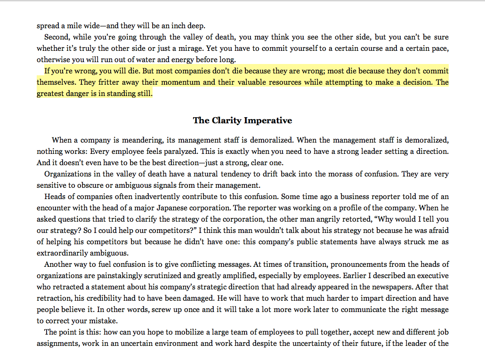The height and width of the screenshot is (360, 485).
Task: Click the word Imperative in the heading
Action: click(270, 120)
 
